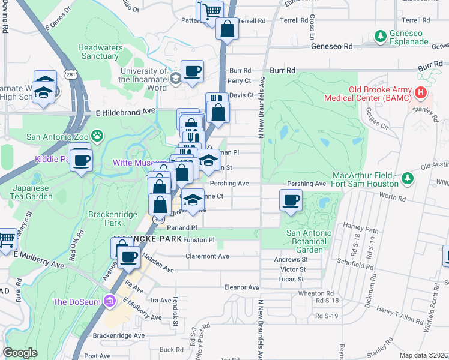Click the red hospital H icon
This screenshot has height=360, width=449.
point(421,93)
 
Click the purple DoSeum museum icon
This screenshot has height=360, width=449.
point(110,301)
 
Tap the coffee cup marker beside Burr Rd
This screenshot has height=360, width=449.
point(192,72)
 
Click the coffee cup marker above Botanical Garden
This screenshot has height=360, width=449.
point(291,200)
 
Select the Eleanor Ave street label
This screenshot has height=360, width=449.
point(241,287)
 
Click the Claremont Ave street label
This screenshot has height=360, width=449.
point(208,256)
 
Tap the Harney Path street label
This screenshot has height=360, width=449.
point(361,229)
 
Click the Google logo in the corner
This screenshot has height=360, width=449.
point(20,353)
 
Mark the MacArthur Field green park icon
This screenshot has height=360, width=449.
point(407,178)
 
